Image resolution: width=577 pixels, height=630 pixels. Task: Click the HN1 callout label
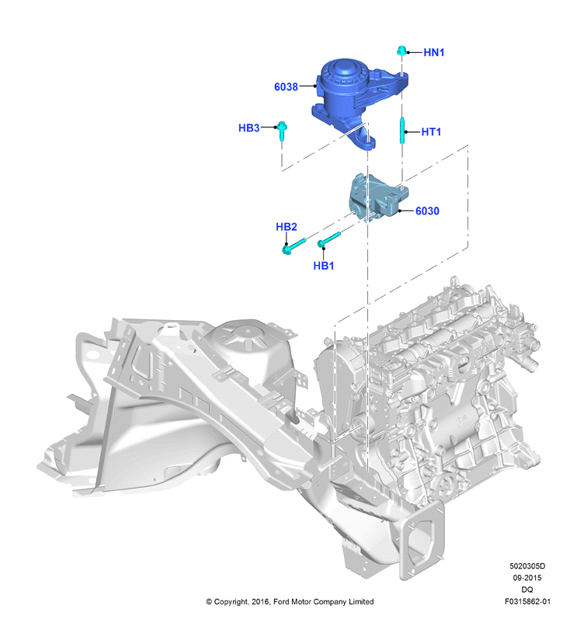click(x=433, y=53)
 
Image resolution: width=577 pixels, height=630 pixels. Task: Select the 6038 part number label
click(x=286, y=87)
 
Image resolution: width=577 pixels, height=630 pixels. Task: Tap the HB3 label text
click(x=249, y=127)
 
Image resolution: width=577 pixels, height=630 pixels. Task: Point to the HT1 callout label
click(x=431, y=132)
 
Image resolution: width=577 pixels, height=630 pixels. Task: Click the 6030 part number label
click(x=427, y=211)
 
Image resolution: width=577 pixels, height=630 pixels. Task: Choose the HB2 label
click(x=287, y=227)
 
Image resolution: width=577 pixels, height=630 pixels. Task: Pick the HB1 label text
click(x=324, y=266)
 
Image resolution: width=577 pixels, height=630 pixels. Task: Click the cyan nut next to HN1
click(x=401, y=50)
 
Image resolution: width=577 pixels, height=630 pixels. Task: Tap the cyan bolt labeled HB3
click(x=282, y=131)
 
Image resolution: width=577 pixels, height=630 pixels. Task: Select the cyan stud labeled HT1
click(x=401, y=130)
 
